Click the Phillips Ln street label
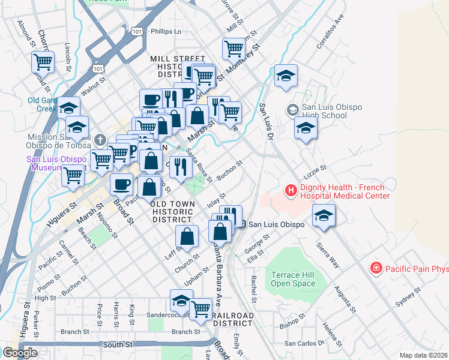166,31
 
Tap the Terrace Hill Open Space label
292,279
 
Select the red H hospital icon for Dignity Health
291,191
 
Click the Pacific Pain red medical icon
376,268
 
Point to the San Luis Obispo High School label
323,110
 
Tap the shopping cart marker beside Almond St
43,61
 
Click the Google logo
20,352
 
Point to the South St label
117,344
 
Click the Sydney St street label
409,296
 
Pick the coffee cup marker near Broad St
122,185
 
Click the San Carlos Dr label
304,343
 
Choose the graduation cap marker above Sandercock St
181,299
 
